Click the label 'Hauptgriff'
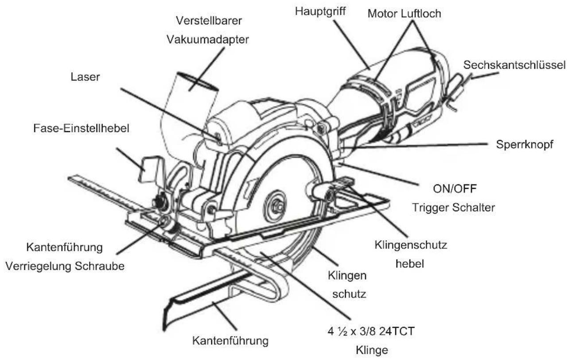(315, 11)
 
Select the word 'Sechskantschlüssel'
(514, 65)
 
